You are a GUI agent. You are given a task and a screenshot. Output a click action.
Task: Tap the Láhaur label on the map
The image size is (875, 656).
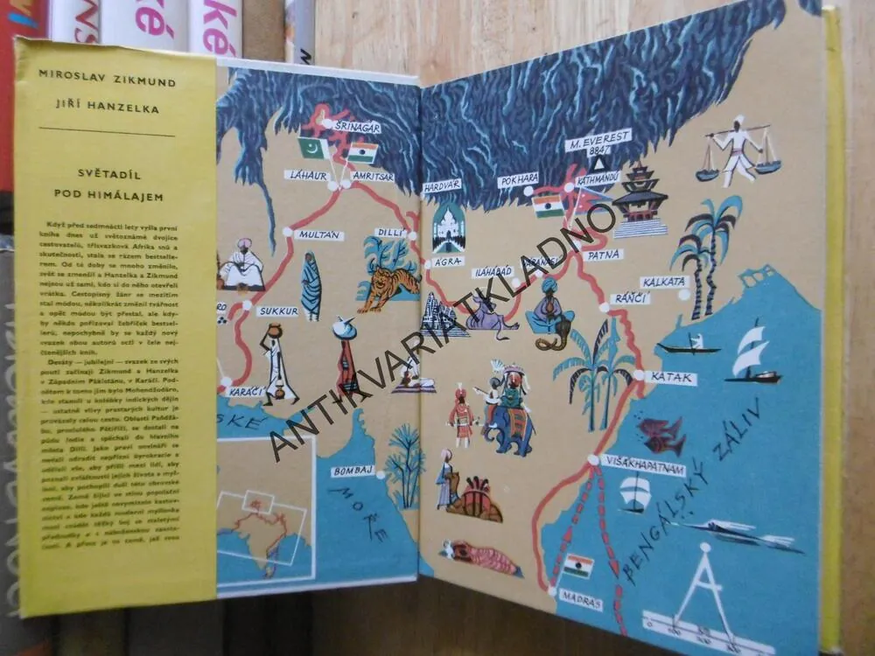(307, 175)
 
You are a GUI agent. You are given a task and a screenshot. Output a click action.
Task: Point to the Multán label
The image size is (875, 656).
(318, 234)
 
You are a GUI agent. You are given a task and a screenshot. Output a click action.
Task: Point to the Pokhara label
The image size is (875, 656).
(519, 180)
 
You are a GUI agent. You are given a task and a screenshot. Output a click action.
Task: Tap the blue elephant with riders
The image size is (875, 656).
(508, 420)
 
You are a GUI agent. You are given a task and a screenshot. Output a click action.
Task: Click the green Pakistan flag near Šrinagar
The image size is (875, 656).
(313, 148)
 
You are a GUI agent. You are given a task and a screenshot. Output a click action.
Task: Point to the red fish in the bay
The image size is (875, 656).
(661, 432)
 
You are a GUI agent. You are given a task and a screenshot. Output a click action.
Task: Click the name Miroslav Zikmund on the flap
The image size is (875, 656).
(108, 83)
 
